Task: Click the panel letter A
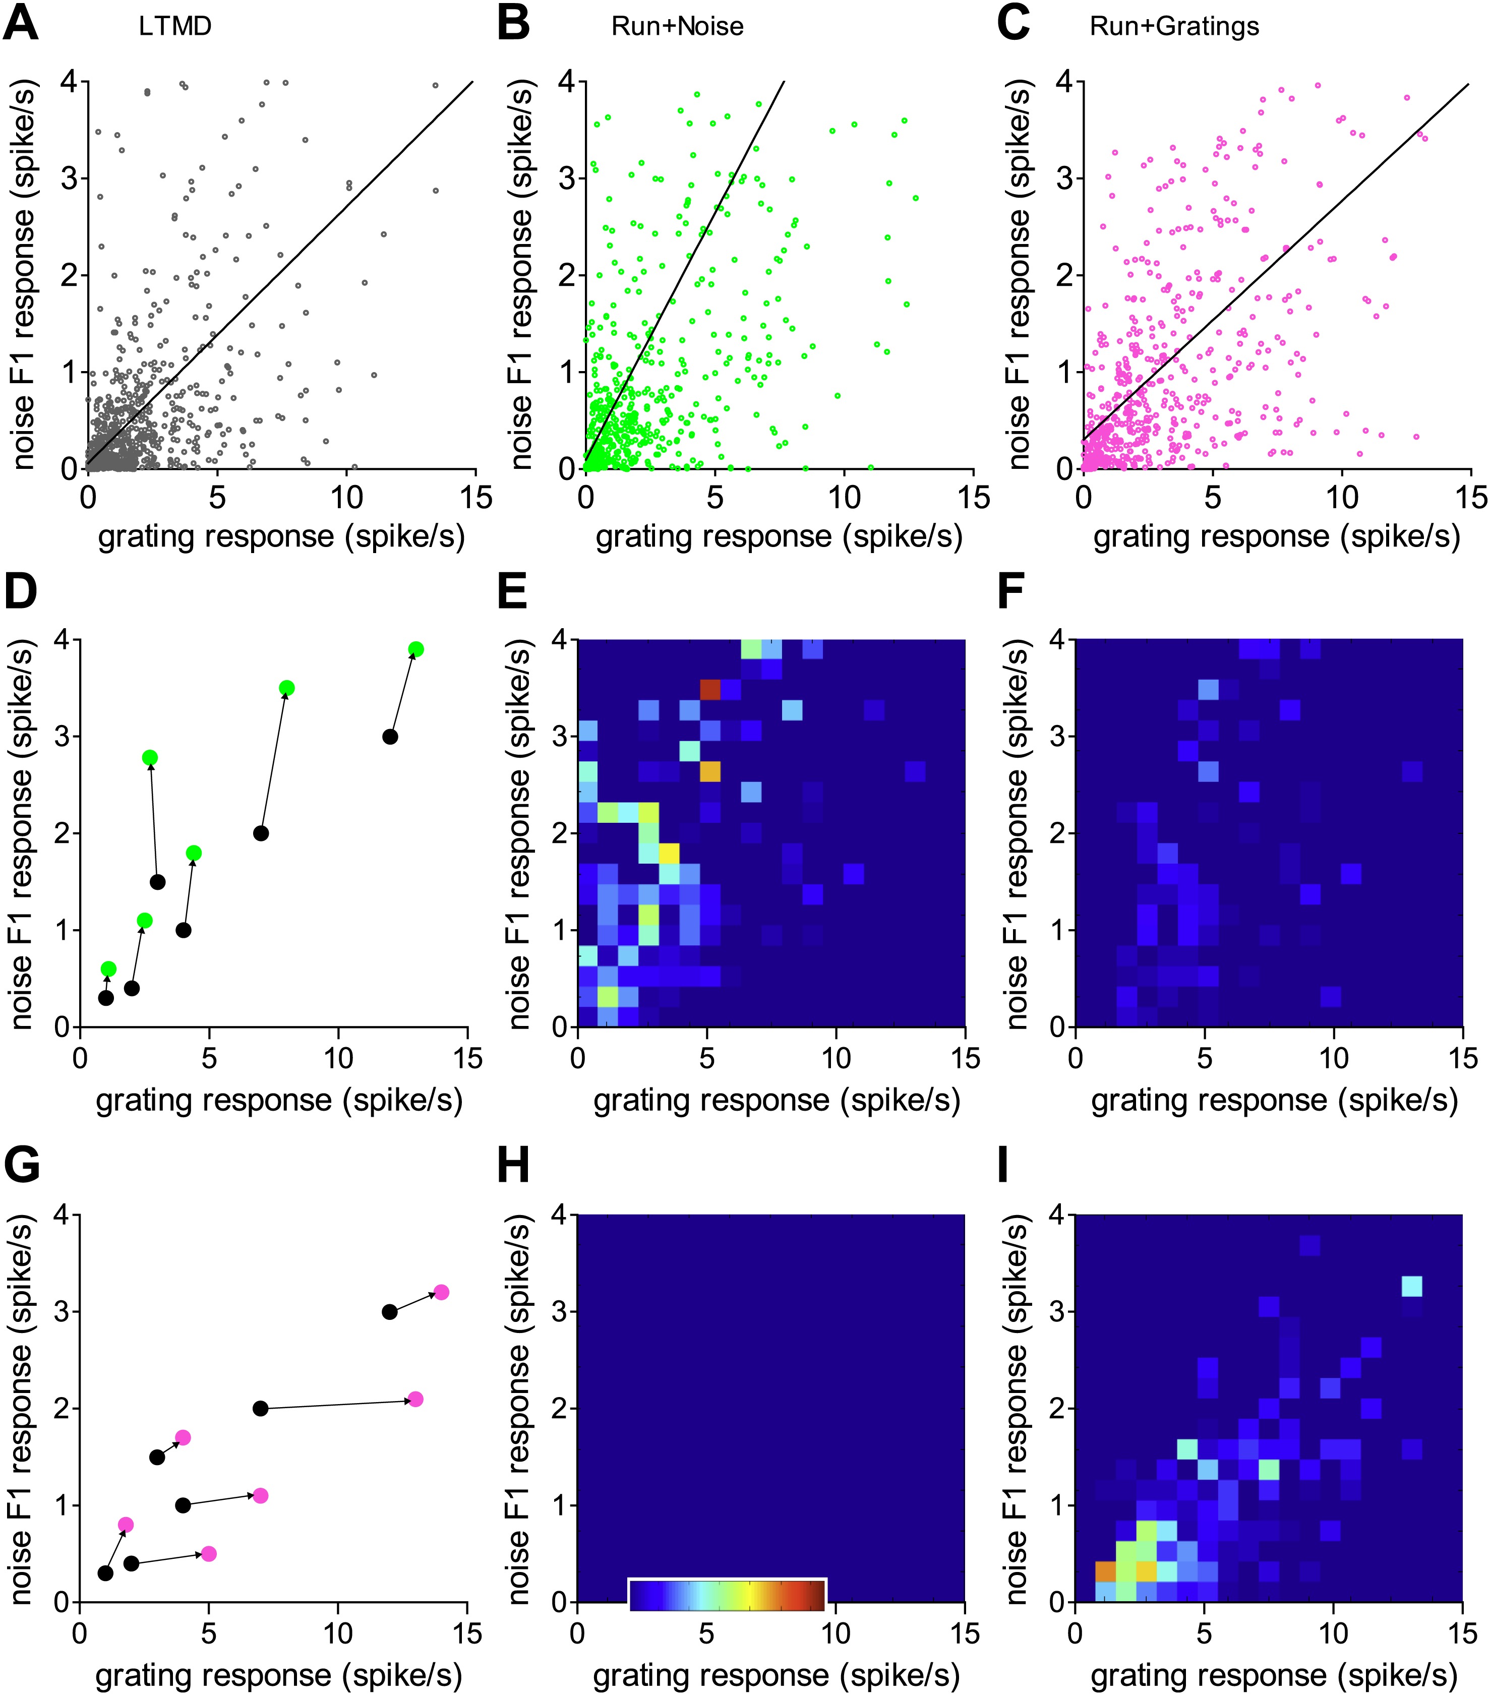pos(21,24)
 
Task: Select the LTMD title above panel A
pos(175,27)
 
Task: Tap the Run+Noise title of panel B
pos(677,27)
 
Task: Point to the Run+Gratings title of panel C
pos(1173,27)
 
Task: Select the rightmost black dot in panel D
pos(390,737)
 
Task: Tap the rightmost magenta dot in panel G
pos(441,1292)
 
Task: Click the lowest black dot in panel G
pos(105,1573)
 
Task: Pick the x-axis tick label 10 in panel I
pos(1333,1633)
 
